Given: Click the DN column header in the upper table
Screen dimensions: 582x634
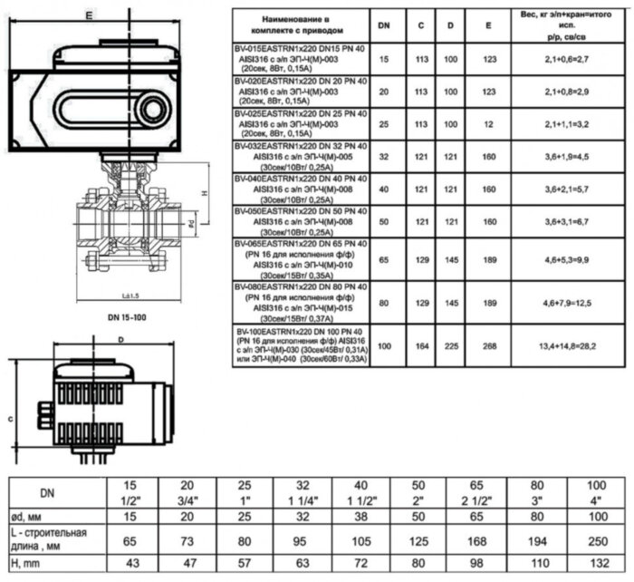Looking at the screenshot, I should pyautogui.click(x=384, y=26).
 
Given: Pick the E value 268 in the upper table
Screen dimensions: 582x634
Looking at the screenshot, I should pyautogui.click(x=489, y=345).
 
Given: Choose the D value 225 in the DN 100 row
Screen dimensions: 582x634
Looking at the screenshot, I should pyautogui.click(x=451, y=345).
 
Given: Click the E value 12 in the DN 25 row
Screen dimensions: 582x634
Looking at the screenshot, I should pyautogui.click(x=489, y=123).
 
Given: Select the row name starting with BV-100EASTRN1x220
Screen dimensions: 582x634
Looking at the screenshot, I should pyautogui.click(x=301, y=345).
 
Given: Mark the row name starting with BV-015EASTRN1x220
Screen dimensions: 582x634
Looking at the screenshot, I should pyautogui.click(x=301, y=58).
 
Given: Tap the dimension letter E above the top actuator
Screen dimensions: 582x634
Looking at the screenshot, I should pyautogui.click(x=87, y=15).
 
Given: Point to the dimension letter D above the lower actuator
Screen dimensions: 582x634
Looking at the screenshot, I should pyautogui.click(x=120, y=340).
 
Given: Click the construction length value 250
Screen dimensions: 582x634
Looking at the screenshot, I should pyautogui.click(x=597, y=540).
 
